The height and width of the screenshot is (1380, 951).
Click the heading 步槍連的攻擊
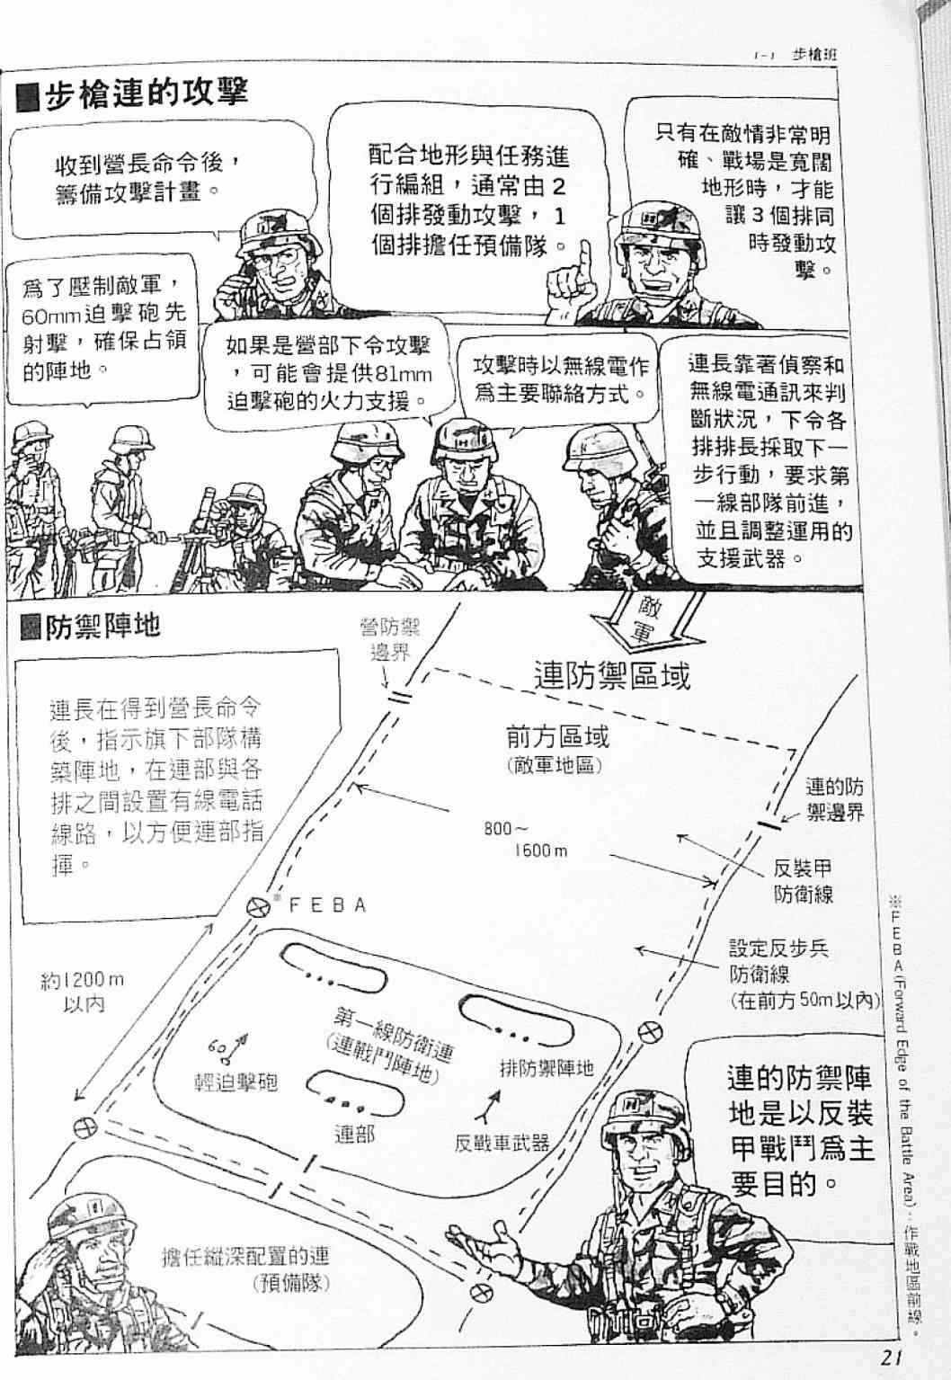click(147, 94)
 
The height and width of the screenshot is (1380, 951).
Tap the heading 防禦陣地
click(102, 626)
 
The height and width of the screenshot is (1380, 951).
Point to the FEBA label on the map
click(327, 905)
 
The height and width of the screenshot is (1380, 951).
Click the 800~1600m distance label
click(525, 839)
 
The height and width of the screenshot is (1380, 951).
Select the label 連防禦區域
click(611, 674)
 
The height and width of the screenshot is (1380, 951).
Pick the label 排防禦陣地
click(547, 1068)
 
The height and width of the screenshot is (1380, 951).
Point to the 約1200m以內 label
click(82, 993)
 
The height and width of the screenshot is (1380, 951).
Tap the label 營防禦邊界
click(389, 640)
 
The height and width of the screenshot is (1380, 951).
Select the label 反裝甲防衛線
click(804, 882)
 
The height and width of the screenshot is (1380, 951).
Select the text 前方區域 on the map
click(557, 737)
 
